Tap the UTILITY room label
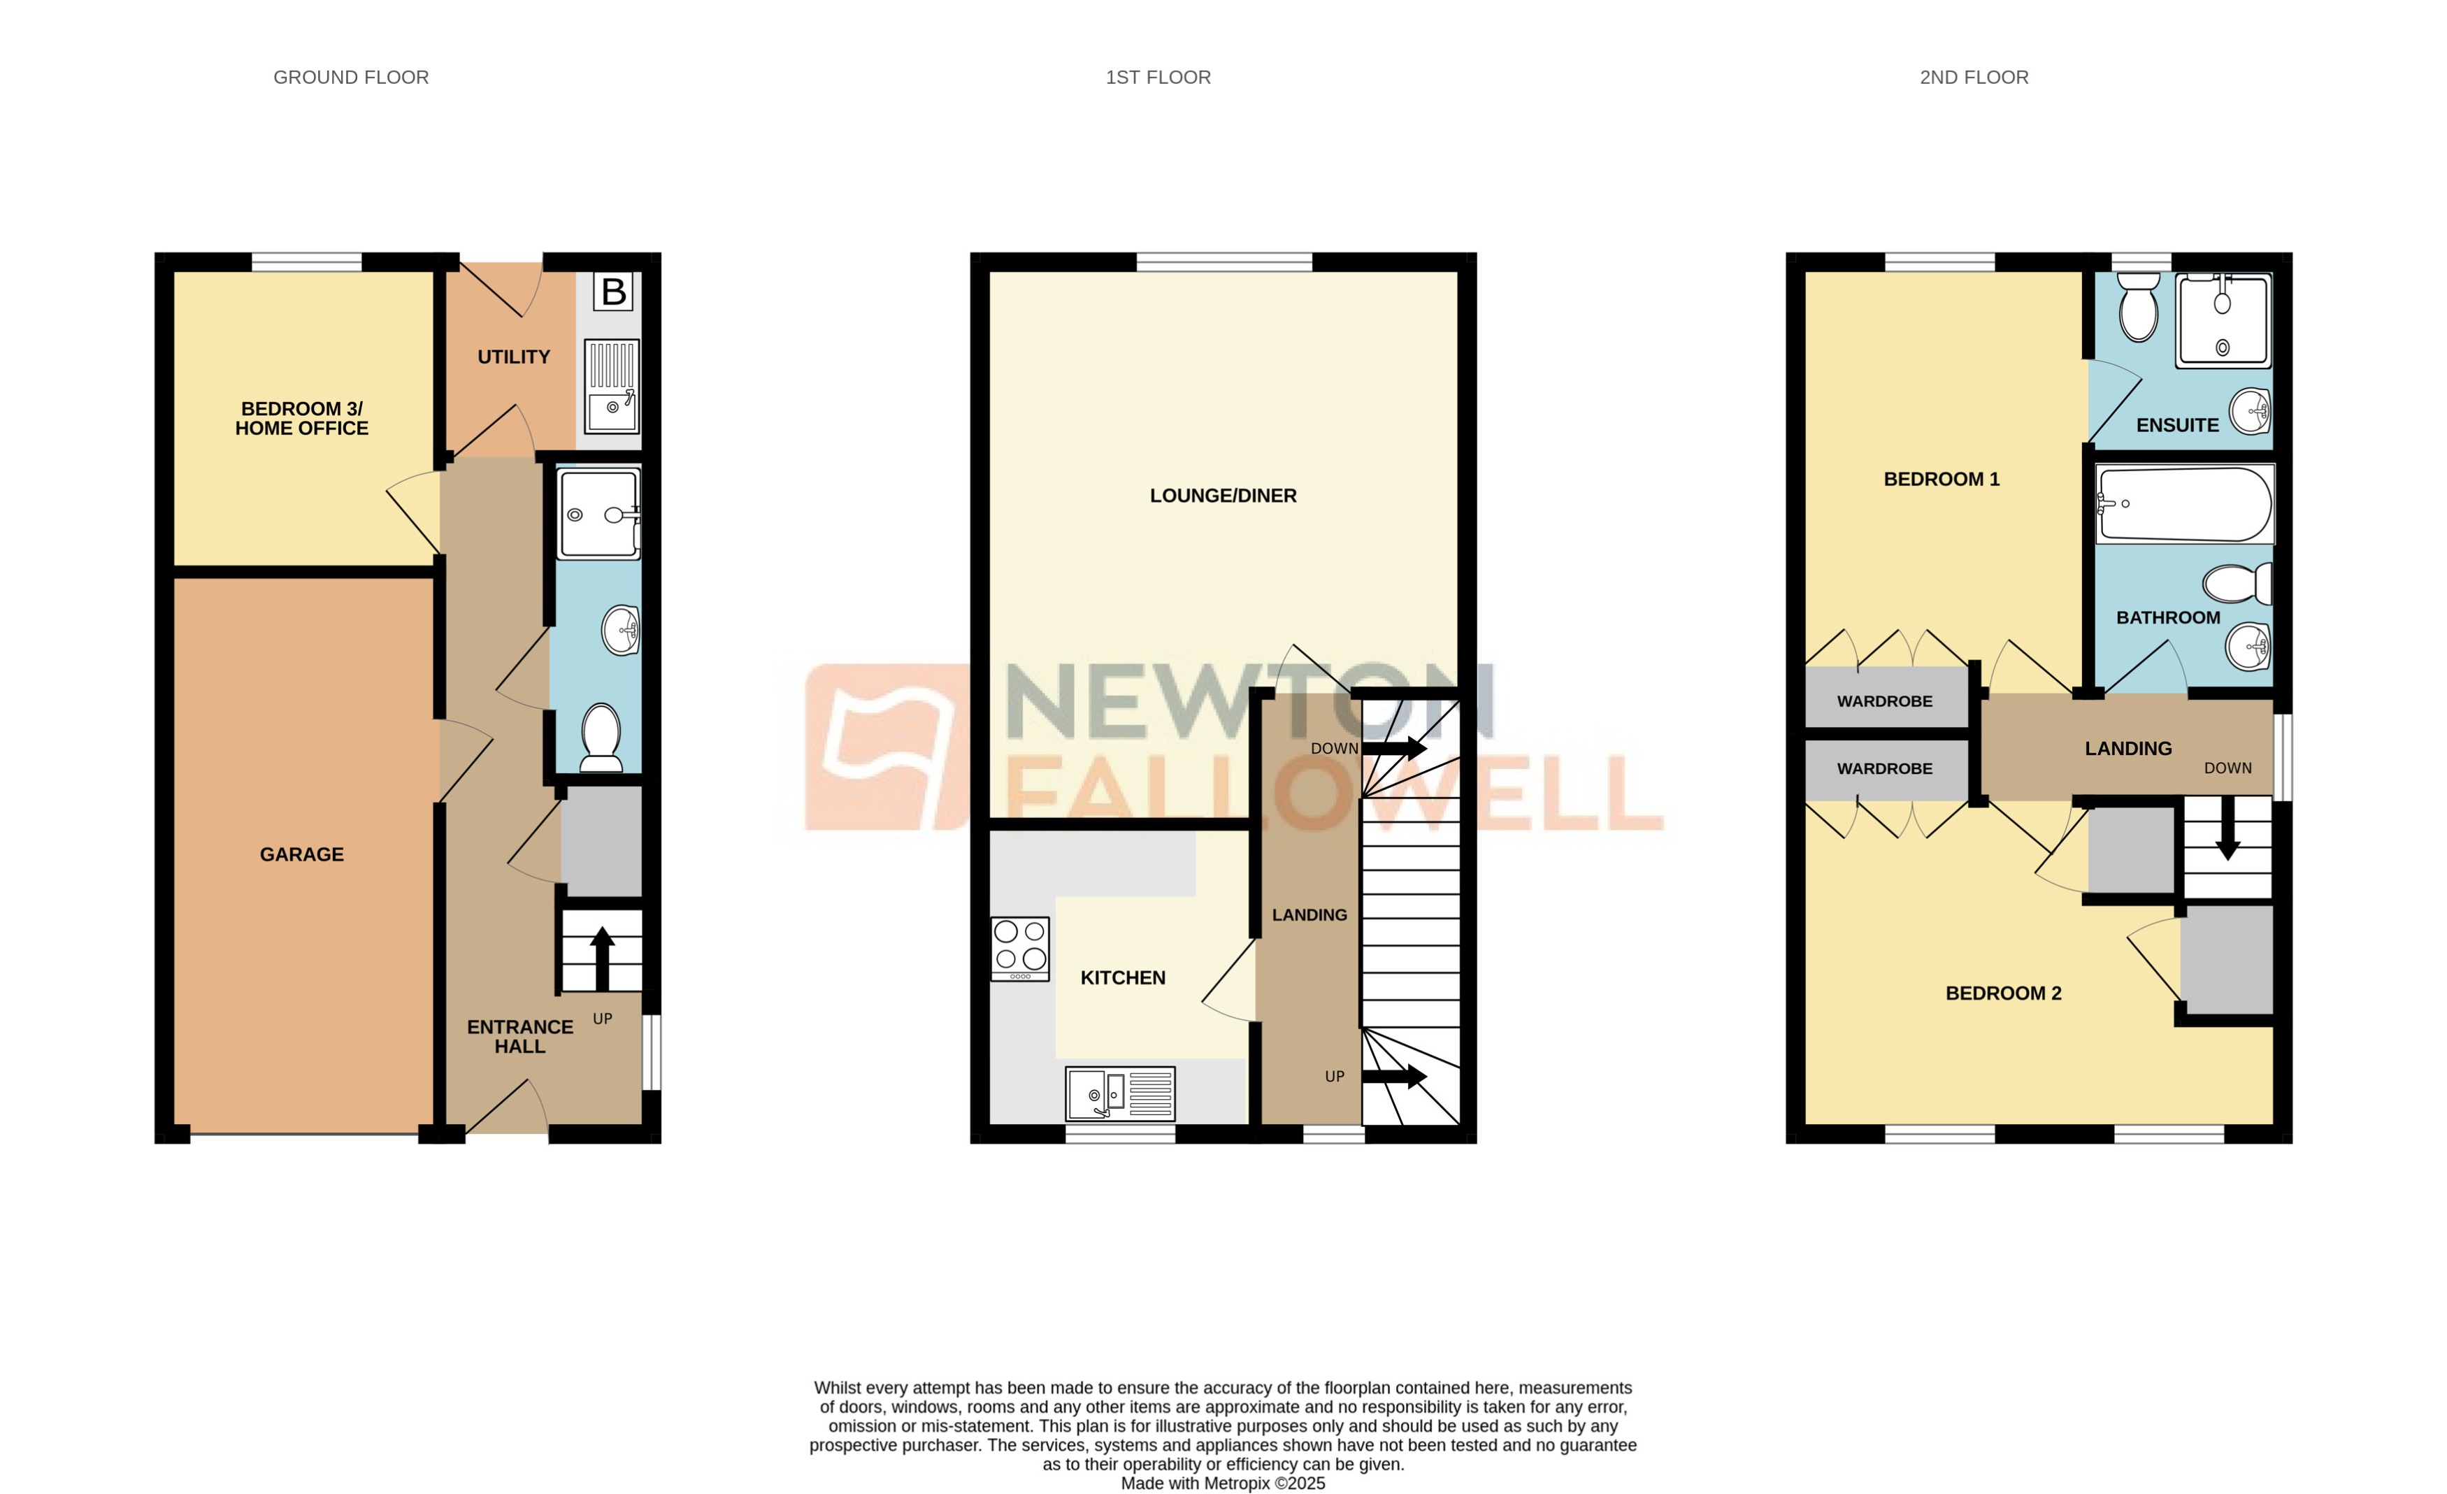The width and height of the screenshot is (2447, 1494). (513, 357)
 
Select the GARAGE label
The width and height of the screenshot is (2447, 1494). (302, 854)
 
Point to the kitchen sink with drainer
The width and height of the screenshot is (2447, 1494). (1119, 1093)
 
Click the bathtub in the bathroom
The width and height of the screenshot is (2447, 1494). (2183, 505)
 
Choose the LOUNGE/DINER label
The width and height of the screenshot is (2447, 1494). (1223, 496)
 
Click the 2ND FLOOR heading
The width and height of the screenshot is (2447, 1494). (1973, 78)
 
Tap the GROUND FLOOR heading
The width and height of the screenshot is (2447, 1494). (350, 78)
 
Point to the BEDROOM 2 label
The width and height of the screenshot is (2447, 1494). (2003, 993)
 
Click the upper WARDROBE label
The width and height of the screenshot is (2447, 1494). (1884, 701)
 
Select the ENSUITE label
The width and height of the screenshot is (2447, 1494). (2177, 425)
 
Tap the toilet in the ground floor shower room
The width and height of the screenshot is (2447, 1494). (600, 737)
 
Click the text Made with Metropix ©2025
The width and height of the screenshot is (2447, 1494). (1223, 1483)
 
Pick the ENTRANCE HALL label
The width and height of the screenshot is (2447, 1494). (519, 1036)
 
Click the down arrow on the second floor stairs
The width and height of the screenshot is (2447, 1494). (2227, 833)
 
